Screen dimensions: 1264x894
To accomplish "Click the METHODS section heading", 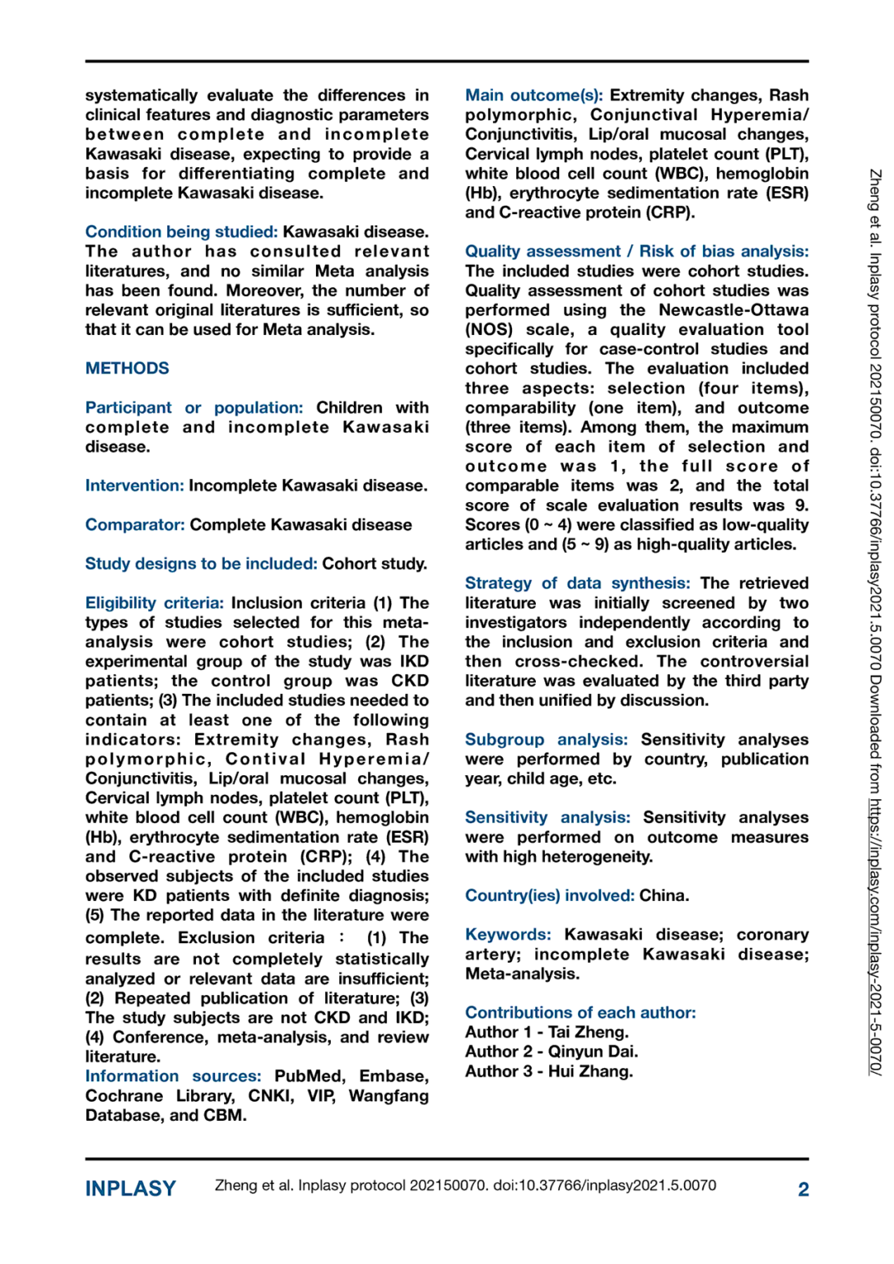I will [127, 369].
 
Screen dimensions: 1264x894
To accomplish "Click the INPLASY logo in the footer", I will [130, 1189].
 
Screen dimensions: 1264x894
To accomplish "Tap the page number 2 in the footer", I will [803, 1189].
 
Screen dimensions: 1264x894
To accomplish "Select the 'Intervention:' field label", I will [134, 486].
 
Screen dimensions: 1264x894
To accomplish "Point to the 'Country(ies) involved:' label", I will [549, 895].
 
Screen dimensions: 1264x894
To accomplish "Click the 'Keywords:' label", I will [508, 935].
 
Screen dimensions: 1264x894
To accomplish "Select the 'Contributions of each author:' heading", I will [580, 1013].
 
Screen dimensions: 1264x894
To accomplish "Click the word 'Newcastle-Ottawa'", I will [733, 310].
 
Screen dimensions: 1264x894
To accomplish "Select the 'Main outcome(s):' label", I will [533, 95].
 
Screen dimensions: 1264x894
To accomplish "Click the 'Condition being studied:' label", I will [181, 232].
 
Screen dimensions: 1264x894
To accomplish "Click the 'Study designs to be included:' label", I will [201, 564].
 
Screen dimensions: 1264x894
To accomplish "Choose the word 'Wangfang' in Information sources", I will [389, 1096].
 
